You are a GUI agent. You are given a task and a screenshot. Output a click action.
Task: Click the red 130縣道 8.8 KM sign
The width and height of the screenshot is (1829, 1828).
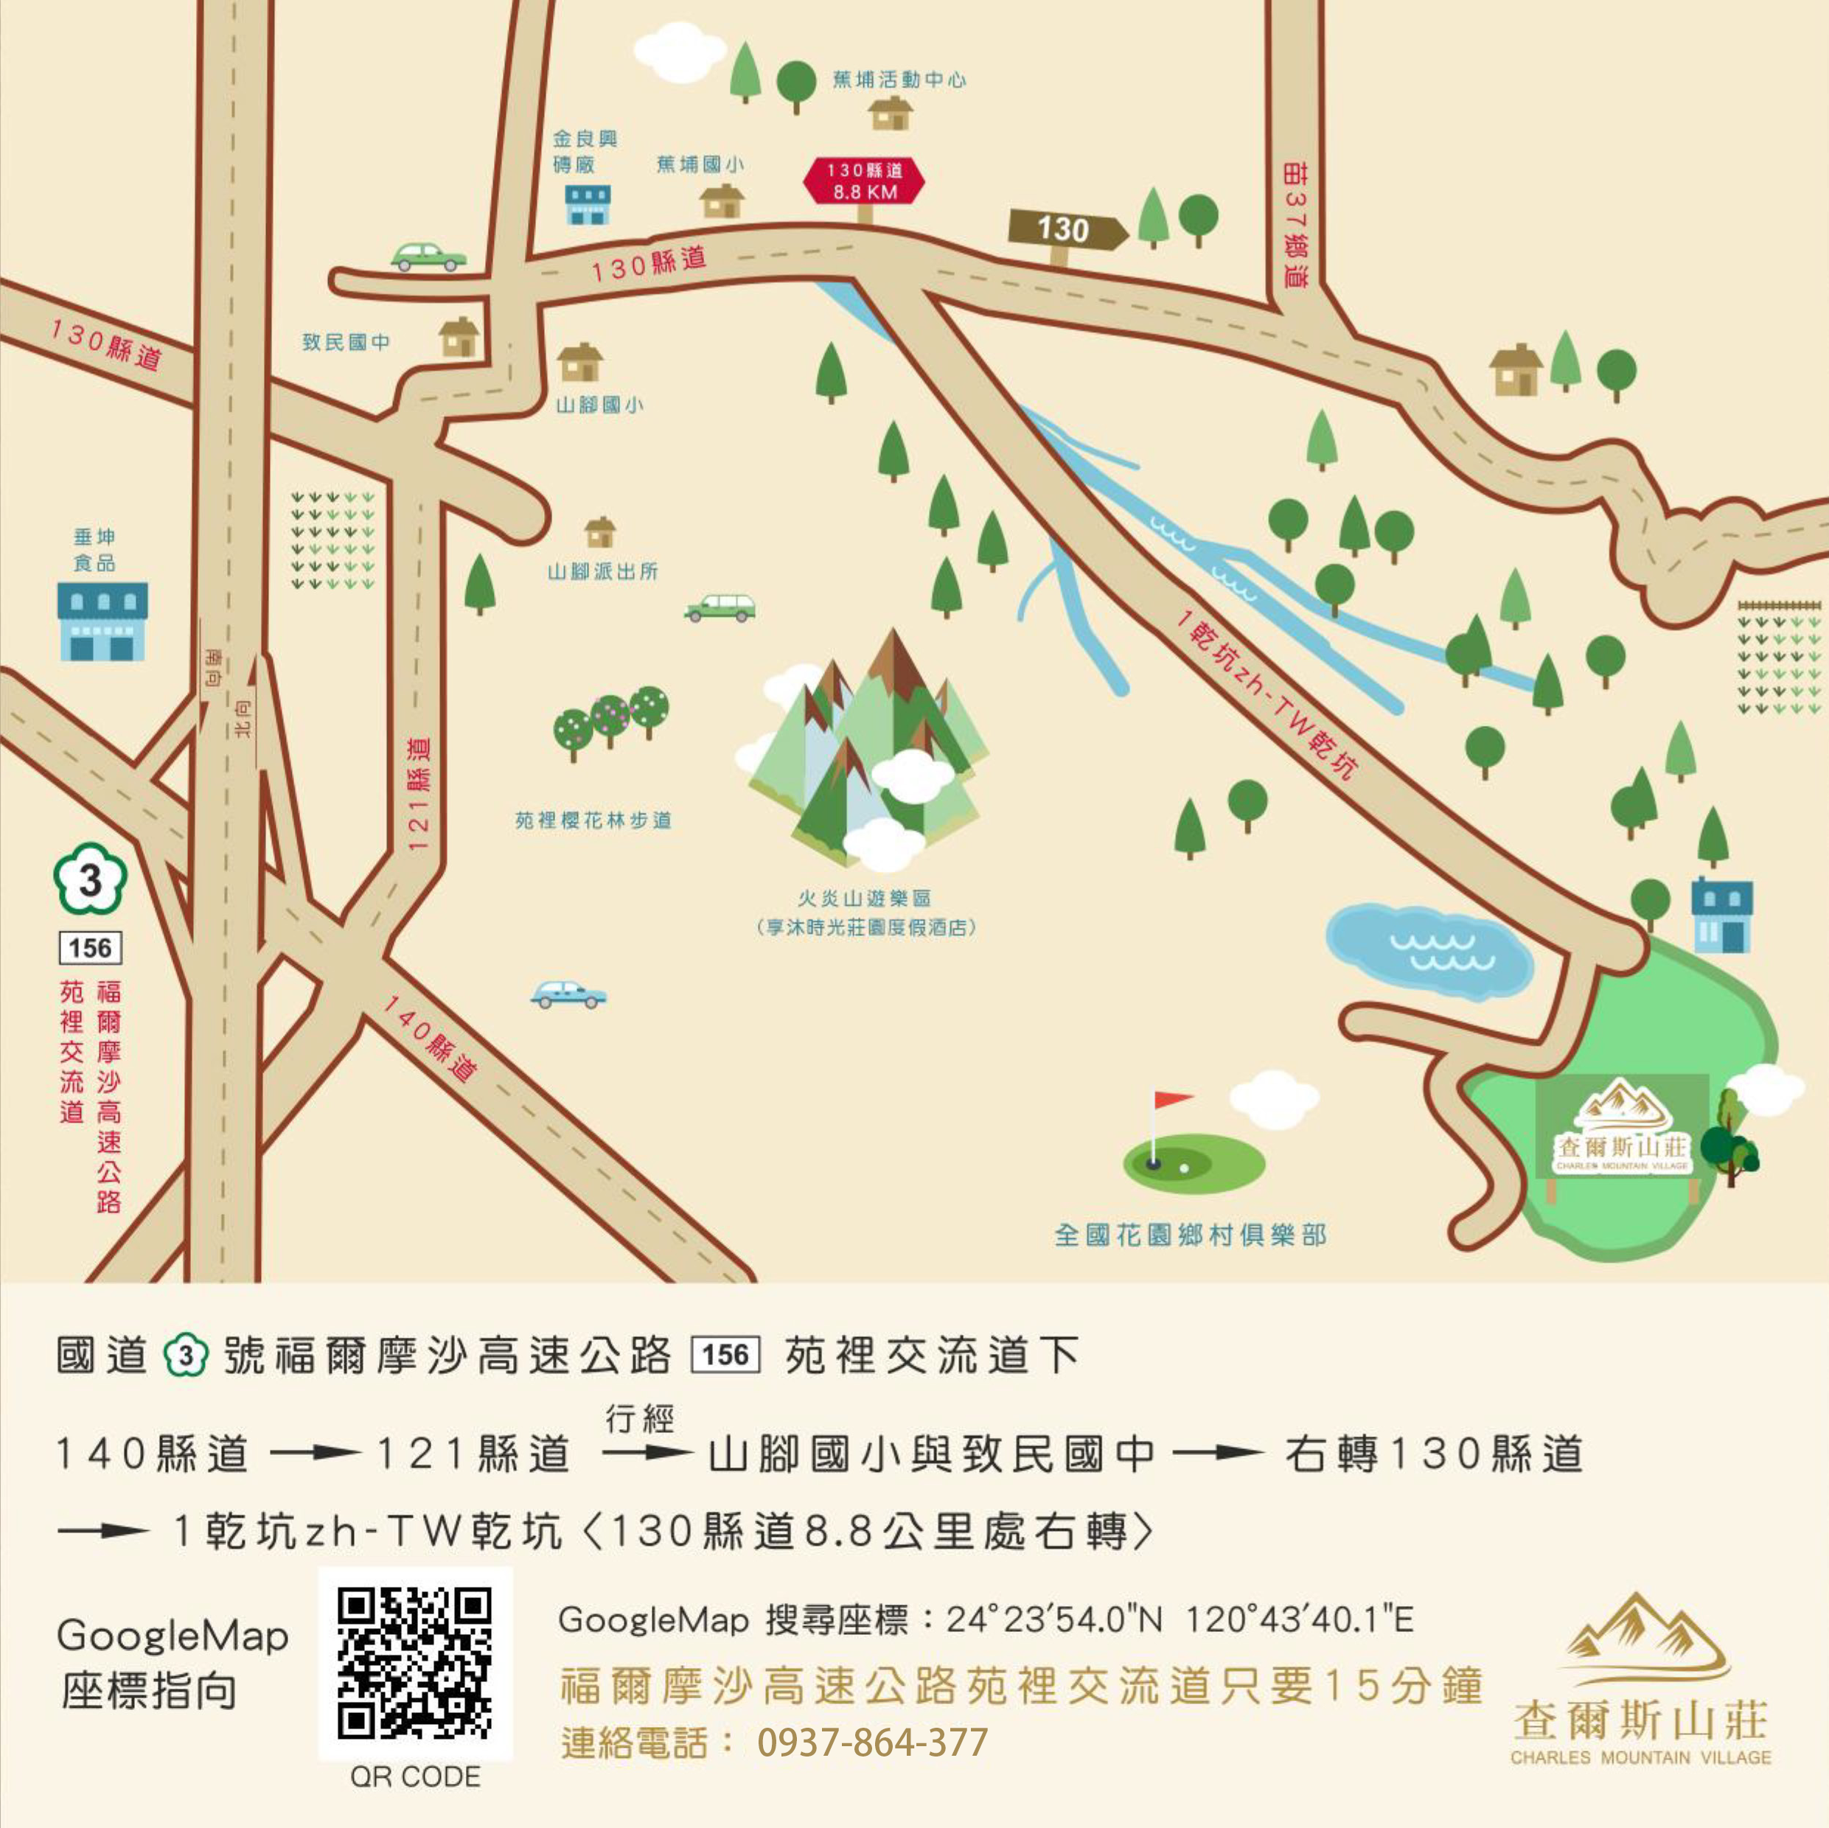click(x=863, y=182)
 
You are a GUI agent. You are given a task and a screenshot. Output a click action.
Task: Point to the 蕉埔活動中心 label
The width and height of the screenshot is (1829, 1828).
click(x=899, y=80)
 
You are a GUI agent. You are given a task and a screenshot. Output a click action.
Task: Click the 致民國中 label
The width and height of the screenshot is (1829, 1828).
click(x=346, y=342)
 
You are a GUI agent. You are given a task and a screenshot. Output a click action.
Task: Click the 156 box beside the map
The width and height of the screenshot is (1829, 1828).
click(x=91, y=948)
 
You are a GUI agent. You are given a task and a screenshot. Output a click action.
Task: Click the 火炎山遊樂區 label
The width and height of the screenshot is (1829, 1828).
click(x=863, y=898)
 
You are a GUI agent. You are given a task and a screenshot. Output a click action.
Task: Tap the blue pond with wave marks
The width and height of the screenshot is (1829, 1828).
click(x=1429, y=949)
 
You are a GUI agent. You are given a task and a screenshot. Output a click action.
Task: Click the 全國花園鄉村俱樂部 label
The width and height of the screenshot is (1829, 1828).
click(x=1190, y=1235)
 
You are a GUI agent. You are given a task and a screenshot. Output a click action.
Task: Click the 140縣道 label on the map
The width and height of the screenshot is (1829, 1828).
click(x=429, y=1039)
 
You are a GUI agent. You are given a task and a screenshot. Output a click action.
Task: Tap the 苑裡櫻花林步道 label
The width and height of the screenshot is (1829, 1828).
click(x=593, y=820)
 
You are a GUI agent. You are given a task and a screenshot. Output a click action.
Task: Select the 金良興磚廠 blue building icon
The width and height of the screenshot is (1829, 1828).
click(x=588, y=203)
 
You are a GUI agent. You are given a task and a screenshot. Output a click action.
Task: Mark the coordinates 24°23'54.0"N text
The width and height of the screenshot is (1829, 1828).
click(x=1053, y=1619)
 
